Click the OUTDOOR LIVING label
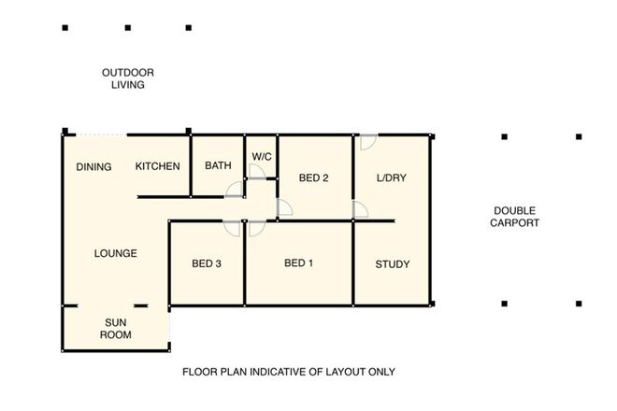pyautogui.click(x=128, y=78)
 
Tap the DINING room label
pyautogui.click(x=93, y=167)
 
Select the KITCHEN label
pyautogui.click(x=158, y=166)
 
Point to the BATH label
pyautogui.click(x=218, y=166)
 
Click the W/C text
pyautogui.click(x=261, y=156)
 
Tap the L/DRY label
pyautogui.click(x=391, y=177)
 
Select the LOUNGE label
pyautogui.click(x=116, y=253)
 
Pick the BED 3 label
pyautogui.click(x=207, y=264)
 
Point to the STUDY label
pyautogui.click(x=392, y=264)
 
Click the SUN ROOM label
pyautogui.click(x=117, y=328)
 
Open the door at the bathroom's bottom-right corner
pyautogui.click(x=236, y=190)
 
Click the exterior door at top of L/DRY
pyautogui.click(x=367, y=142)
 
